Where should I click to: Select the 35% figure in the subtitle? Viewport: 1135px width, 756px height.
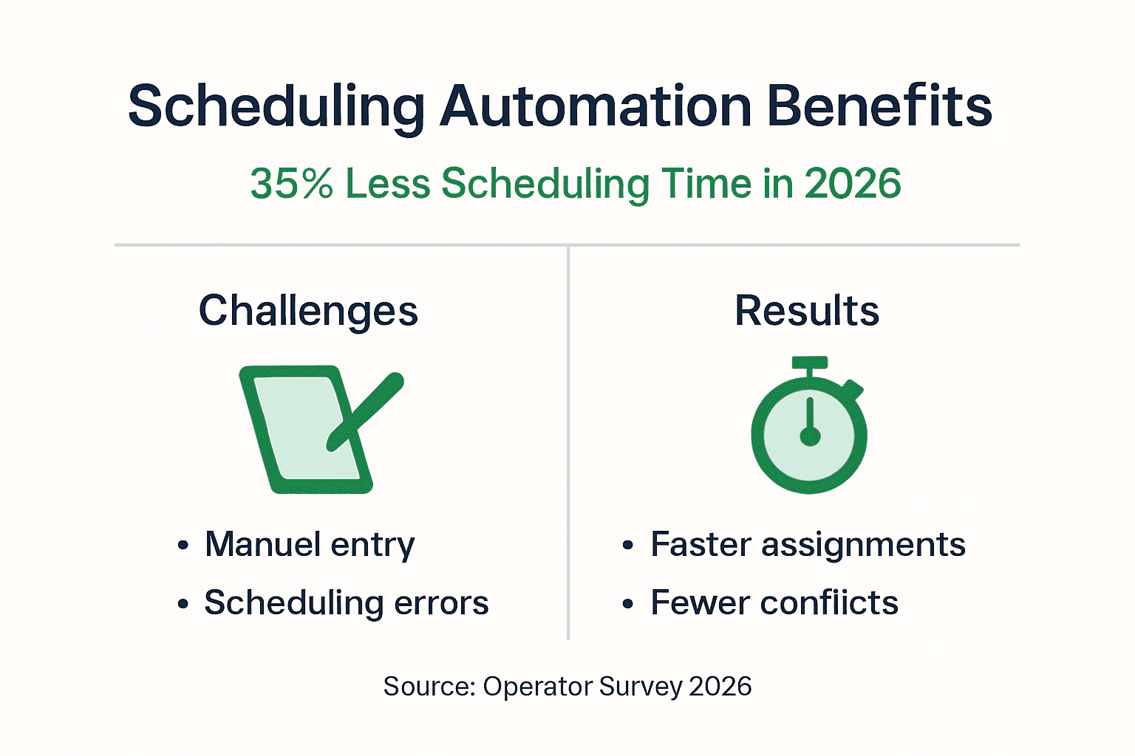[291, 184]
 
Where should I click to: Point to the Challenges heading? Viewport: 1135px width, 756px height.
[308, 311]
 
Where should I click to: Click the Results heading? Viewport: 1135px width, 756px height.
[807, 311]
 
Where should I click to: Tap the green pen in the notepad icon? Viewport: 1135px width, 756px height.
[367, 410]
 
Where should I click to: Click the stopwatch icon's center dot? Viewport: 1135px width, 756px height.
[810, 437]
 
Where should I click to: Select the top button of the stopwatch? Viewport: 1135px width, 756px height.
[810, 363]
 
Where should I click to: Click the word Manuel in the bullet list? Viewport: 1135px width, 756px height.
[262, 545]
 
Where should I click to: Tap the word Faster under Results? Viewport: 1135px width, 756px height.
[700, 545]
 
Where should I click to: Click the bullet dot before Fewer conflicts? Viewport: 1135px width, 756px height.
[628, 605]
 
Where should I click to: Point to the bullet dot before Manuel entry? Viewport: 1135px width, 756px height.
[183, 546]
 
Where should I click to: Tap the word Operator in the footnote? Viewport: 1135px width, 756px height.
[537, 687]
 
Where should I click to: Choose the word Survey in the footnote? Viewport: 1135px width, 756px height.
[640, 687]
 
